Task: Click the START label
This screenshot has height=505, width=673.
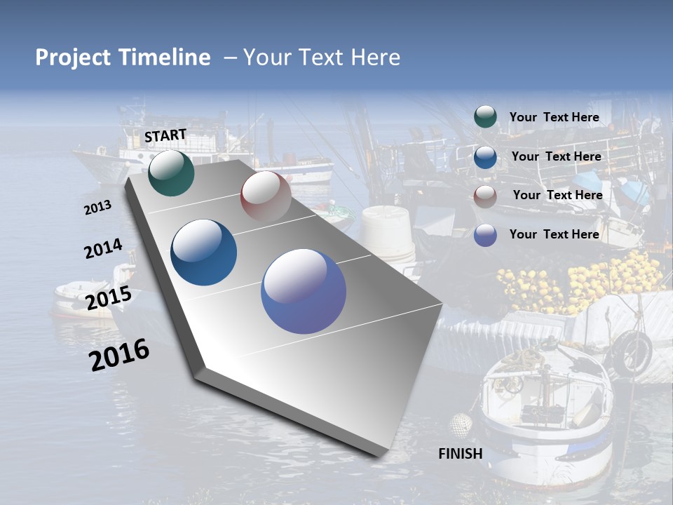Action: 165,135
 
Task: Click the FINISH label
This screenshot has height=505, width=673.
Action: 460,454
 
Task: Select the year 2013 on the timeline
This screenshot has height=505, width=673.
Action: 98,207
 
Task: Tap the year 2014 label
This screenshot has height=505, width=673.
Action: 103,248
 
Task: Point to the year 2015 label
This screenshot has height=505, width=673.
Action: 109,297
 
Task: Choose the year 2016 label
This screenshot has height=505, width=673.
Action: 119,354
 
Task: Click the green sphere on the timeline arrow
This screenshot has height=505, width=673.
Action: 171,173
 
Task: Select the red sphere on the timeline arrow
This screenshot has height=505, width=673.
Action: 266,196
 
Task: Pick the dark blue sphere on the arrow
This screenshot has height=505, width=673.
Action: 204,252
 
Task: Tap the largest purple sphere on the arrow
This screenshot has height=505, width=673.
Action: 304,290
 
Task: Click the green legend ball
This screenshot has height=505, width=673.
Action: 485,116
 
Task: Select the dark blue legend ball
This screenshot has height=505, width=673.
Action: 485,157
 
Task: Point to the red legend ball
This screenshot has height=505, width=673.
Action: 485,196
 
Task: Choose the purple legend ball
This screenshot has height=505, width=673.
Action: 485,235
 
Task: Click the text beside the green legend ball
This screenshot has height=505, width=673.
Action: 554,117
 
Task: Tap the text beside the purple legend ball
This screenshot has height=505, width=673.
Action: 554,234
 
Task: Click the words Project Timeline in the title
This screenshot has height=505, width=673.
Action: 123,58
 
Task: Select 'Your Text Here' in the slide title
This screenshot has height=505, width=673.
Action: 322,58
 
